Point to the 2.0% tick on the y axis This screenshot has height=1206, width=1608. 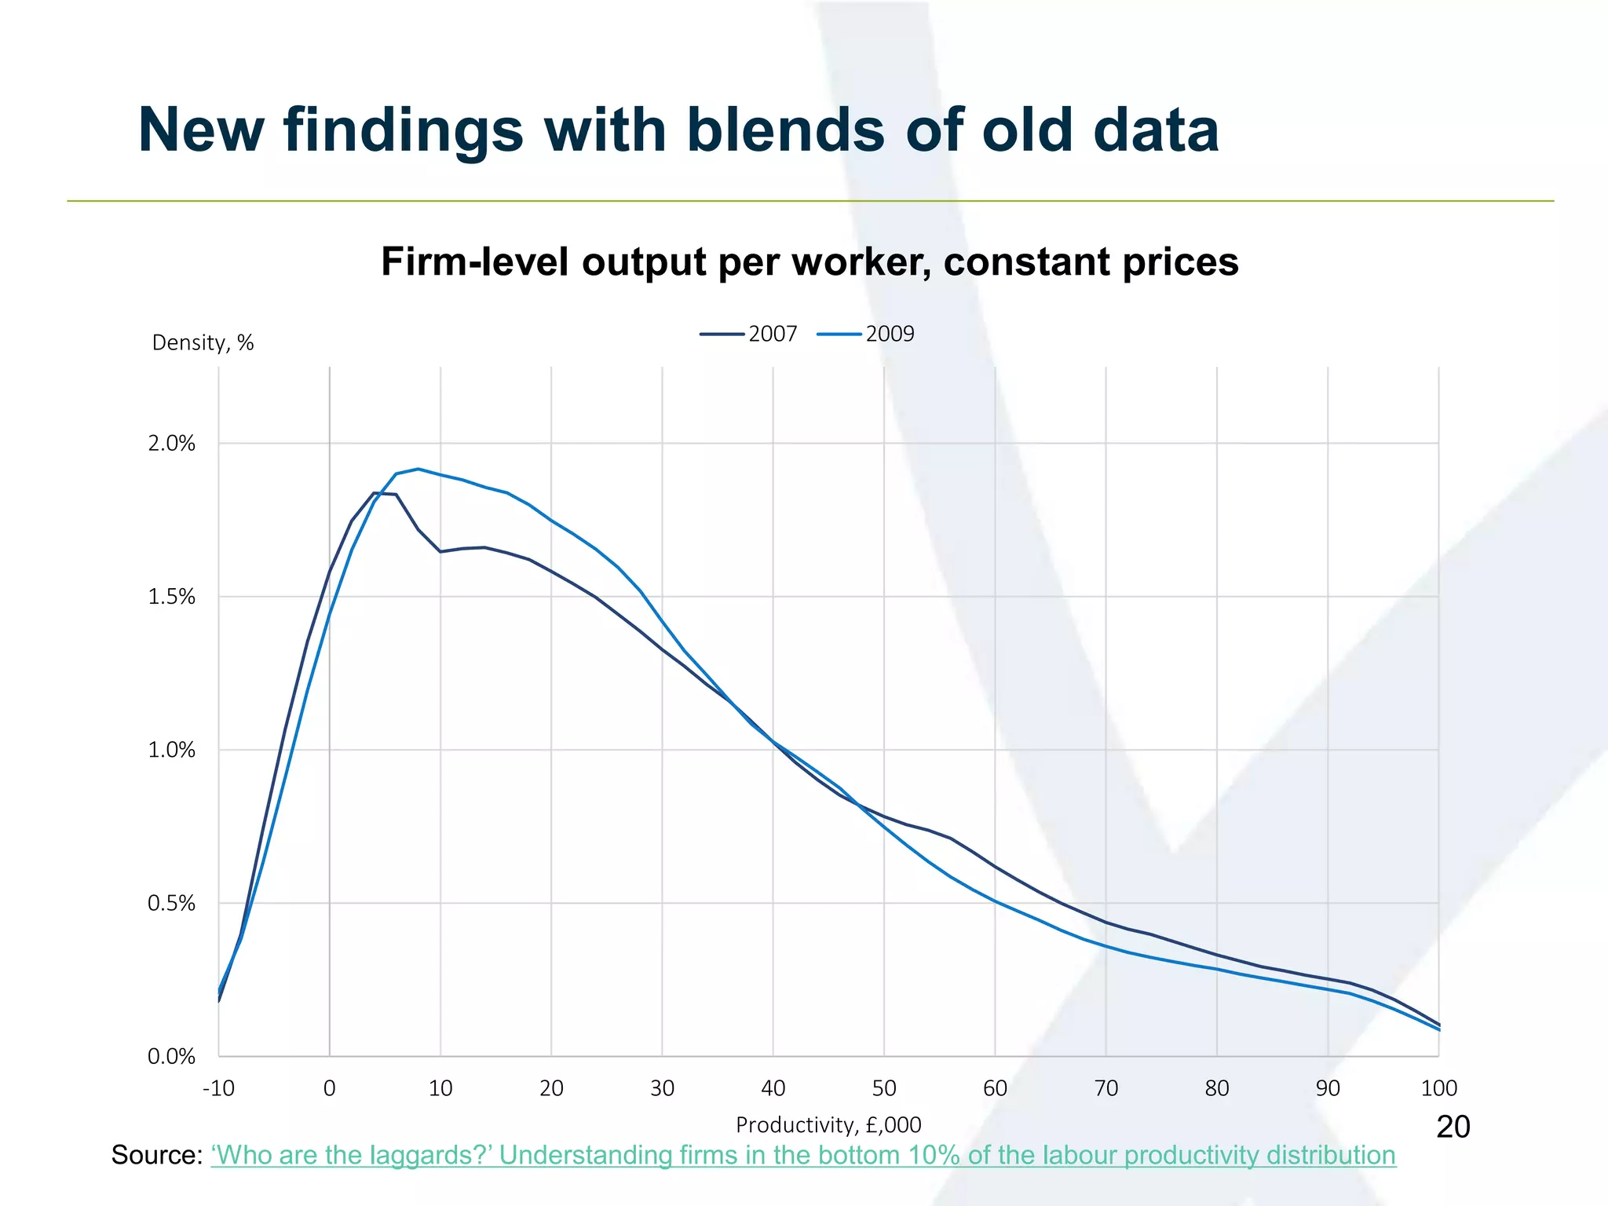171,444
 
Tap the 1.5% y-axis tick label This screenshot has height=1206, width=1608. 171,597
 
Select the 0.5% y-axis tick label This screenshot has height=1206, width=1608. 171,904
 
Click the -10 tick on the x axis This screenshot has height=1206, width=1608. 218,1088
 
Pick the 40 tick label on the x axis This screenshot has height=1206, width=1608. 773,1088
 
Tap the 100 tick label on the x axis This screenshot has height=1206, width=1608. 1438,1088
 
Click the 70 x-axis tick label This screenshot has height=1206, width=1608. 1105,1088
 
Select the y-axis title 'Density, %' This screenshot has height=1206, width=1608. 203,343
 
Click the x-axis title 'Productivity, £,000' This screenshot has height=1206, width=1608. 828,1125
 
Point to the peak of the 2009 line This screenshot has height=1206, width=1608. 418,469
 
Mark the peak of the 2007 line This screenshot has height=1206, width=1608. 374,493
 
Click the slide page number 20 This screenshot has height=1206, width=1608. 1453,1127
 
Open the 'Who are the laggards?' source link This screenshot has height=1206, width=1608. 803,1156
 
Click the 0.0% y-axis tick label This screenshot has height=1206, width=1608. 171,1057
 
